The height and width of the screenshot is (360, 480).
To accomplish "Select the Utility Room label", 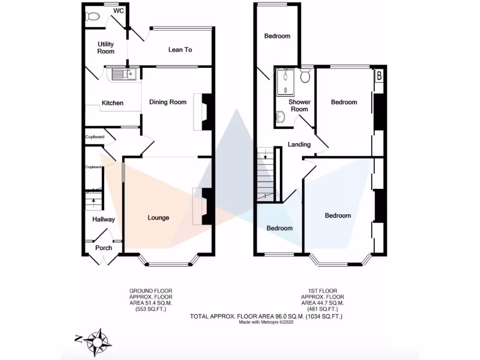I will (105, 48).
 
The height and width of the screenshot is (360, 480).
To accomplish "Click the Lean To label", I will (180, 50).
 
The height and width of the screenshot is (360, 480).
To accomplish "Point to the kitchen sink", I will (123, 74).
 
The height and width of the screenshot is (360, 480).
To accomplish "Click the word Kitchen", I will (112, 103).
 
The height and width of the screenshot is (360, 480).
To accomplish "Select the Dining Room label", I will (168, 102).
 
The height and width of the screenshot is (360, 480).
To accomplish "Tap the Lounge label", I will (158, 217).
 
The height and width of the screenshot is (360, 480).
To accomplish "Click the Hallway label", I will (104, 219).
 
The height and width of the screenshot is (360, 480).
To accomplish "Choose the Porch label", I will (104, 248).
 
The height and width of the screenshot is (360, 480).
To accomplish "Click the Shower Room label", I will (300, 105).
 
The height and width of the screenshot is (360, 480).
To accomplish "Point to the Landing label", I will (299, 144).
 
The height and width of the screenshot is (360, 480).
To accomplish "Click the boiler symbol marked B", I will (379, 75).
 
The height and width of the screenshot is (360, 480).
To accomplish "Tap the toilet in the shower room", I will (306, 76).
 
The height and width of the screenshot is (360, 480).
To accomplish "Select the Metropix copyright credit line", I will (266, 322).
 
